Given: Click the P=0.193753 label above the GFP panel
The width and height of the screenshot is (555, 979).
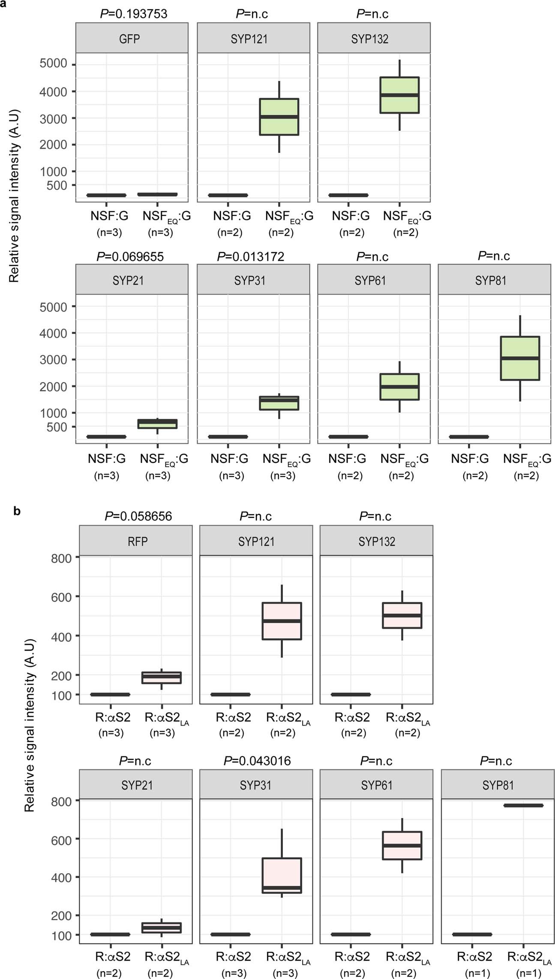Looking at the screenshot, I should [133, 14].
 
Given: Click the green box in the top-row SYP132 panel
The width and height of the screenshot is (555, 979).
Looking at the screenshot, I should [399, 95].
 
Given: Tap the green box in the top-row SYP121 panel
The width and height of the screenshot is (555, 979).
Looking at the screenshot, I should [279, 117].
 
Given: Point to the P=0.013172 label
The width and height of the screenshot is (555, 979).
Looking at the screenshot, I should [250, 256].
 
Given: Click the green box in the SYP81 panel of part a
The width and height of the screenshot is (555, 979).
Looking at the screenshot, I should [520, 358].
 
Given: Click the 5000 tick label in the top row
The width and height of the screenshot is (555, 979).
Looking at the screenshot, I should [53, 64].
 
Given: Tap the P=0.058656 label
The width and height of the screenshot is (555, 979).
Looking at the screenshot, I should [138, 516].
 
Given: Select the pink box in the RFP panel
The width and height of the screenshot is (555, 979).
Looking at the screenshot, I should [162, 678].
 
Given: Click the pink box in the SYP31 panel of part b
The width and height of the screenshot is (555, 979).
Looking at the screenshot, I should [282, 875].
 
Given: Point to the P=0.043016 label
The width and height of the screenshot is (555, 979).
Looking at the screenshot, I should [257, 761].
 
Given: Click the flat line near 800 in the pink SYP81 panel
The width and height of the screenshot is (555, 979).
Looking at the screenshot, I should [523, 805].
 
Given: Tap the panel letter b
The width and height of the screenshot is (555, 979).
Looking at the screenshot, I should [17, 511].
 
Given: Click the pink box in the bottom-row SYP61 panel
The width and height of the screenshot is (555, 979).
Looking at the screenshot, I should [402, 846].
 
